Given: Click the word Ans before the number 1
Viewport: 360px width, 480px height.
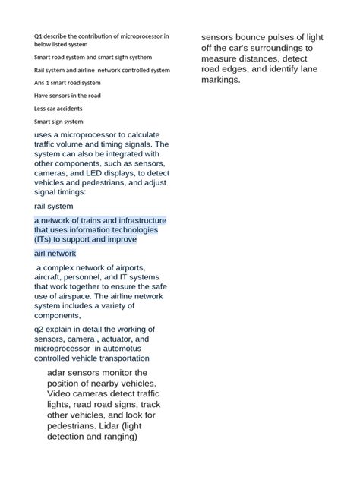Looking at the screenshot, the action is click(40, 83).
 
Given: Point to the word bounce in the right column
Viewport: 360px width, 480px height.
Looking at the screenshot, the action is click(254, 37).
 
